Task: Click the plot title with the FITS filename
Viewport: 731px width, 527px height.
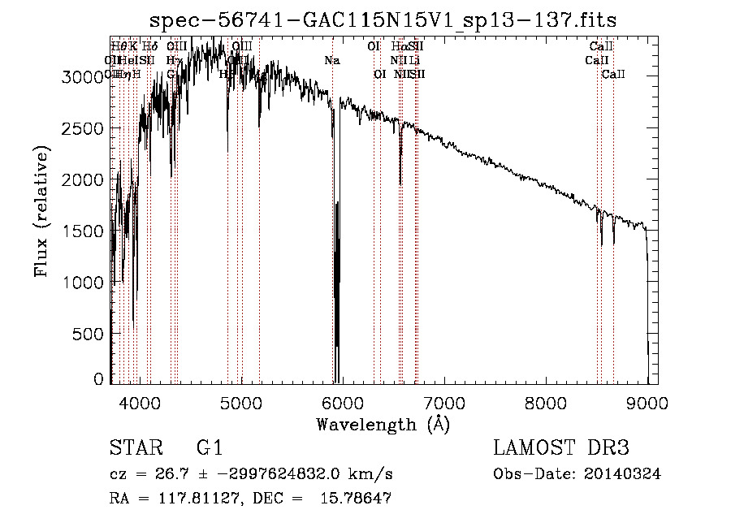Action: (x=384, y=19)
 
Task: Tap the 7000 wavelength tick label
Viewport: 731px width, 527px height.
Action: (x=444, y=403)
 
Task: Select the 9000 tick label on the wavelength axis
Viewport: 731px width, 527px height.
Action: (x=647, y=403)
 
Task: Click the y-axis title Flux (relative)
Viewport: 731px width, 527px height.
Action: (x=41, y=211)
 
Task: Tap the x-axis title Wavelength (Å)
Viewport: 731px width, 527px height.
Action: (x=383, y=424)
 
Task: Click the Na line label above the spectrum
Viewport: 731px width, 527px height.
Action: (x=331, y=61)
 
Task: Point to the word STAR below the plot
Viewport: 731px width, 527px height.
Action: (x=133, y=448)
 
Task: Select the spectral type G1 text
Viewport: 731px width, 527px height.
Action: (x=209, y=448)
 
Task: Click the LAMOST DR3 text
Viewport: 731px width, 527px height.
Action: (x=561, y=448)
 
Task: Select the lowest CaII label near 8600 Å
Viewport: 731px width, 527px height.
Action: (x=613, y=75)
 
